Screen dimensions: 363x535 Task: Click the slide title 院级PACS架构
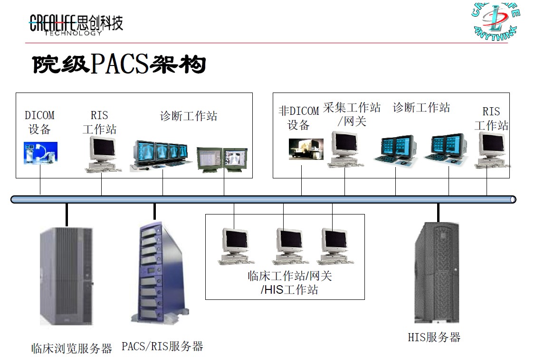119,65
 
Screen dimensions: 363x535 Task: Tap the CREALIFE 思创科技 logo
76,24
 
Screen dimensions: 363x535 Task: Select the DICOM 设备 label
39,122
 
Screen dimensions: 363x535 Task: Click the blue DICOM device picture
40,153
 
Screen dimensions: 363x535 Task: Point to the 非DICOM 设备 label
298,118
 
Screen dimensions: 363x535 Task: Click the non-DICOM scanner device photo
306,149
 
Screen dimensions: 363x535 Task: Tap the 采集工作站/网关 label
352,114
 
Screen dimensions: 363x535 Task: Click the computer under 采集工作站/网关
345,149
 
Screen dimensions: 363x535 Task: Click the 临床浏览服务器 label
72,349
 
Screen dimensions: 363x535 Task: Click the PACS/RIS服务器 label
162,346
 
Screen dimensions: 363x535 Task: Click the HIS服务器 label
434,337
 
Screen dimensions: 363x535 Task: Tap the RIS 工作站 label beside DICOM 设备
99,122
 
